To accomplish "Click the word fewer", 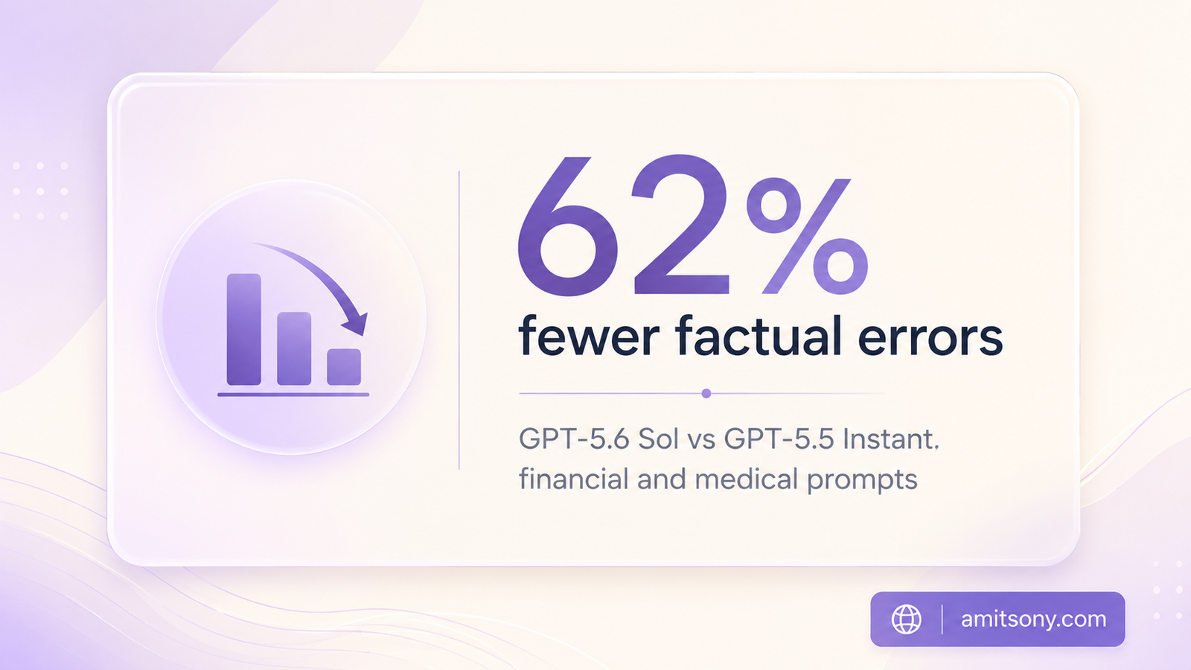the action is [x=589, y=336].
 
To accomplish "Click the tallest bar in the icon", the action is [x=244, y=329].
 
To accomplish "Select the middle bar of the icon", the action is [x=294, y=348].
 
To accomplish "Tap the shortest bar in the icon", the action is [x=344, y=367].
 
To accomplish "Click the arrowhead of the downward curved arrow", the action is [x=356, y=324].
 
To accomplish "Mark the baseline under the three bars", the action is [x=293, y=395].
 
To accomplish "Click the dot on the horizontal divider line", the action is [x=706, y=394].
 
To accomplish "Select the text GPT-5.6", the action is [x=575, y=440].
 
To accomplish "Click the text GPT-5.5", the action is [x=779, y=440].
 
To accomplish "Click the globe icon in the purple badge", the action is [x=907, y=619].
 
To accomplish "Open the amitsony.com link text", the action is [x=1034, y=619].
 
